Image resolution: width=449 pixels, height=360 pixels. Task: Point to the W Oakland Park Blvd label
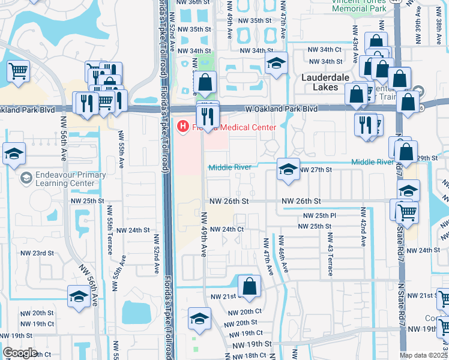pos(282,109)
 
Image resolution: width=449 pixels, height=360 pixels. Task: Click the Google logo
pos(20,353)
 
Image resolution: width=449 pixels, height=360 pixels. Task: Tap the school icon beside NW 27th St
pos(288,170)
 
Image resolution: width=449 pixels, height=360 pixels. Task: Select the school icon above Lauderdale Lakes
pos(276,63)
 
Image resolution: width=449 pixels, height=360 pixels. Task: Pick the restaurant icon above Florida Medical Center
pos(208,116)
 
